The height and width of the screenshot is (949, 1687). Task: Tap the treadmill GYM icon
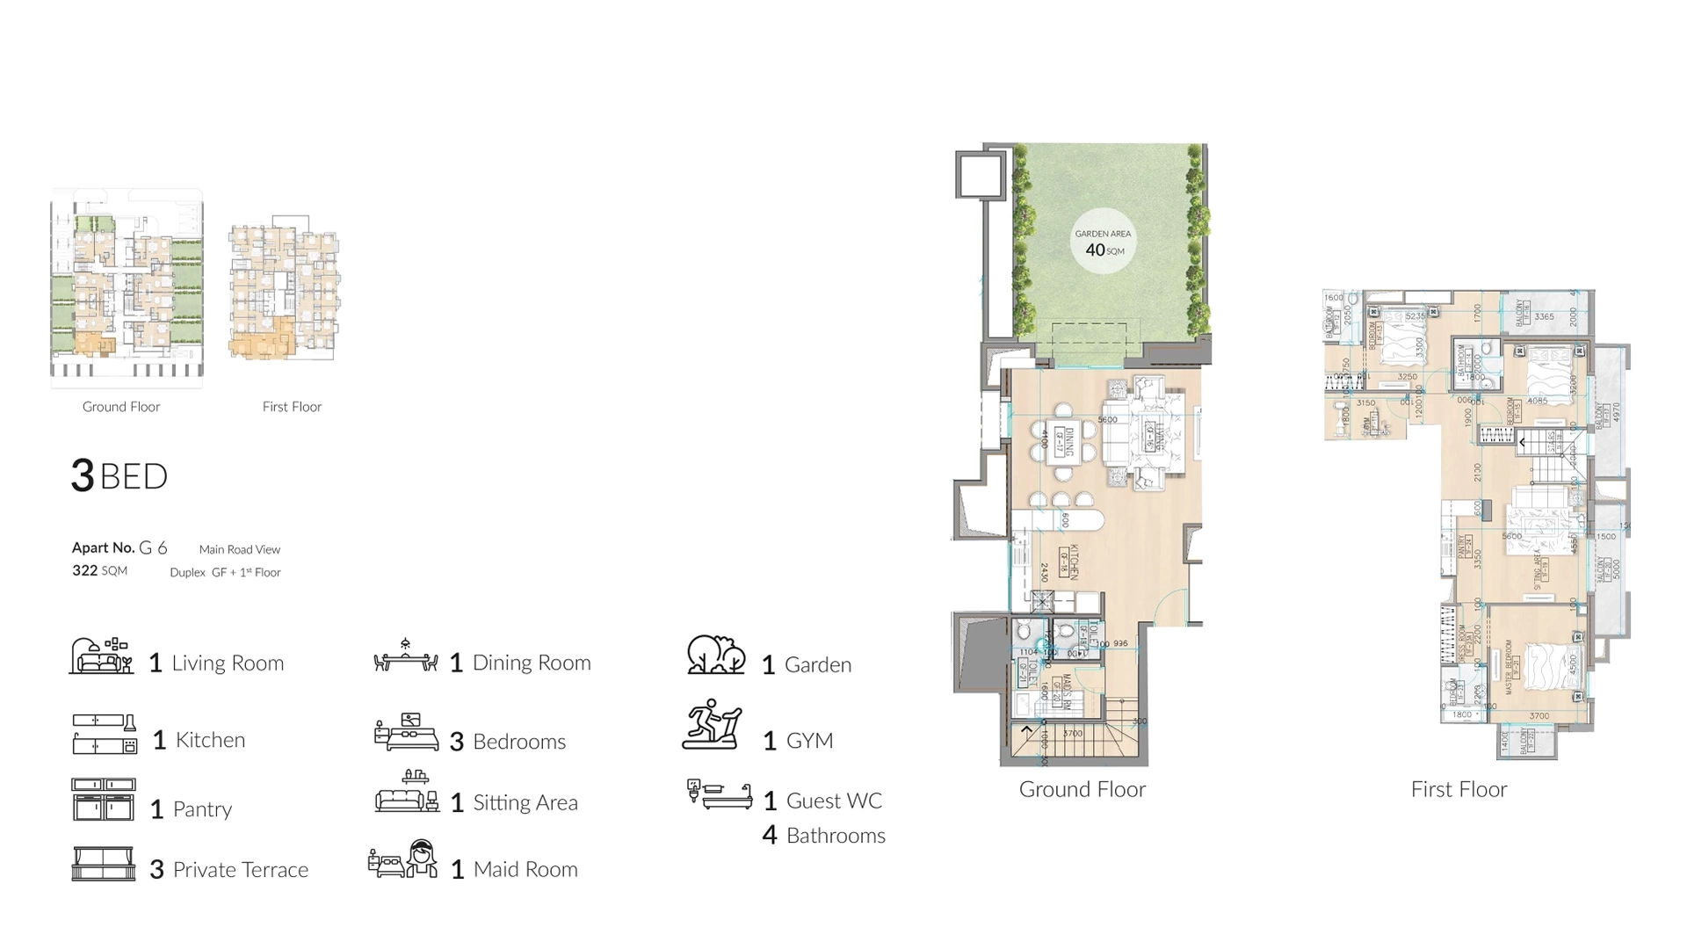(x=713, y=725)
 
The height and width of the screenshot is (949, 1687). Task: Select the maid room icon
(x=403, y=858)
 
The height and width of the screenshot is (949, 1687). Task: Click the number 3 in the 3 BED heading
(x=83, y=475)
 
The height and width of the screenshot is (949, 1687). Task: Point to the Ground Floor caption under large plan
(x=1082, y=789)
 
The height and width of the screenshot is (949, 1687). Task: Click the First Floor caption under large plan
(x=1459, y=789)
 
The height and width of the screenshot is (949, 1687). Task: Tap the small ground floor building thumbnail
(x=127, y=286)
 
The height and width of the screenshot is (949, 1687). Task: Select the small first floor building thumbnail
(x=285, y=288)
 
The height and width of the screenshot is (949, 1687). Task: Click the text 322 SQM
(x=99, y=570)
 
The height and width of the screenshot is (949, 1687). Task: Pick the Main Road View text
(x=239, y=549)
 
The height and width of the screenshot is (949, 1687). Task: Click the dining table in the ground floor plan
(x=1063, y=442)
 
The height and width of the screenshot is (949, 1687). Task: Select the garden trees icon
(x=715, y=655)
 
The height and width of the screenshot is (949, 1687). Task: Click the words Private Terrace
(x=240, y=869)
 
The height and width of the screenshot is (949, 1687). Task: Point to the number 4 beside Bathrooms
(x=770, y=835)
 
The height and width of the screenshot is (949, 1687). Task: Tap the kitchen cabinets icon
(x=104, y=734)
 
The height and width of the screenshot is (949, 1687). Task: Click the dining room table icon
(x=405, y=656)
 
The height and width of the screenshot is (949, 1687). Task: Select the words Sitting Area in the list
(x=525, y=802)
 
